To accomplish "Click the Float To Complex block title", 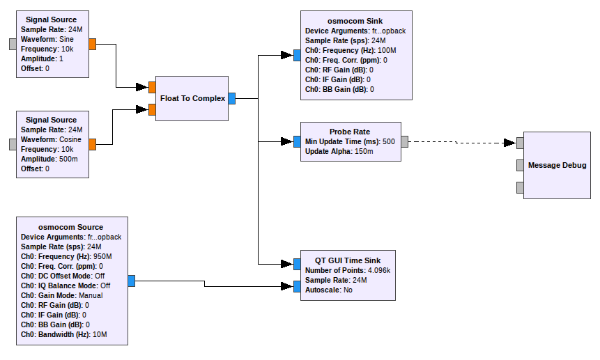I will pyautogui.click(x=192, y=98).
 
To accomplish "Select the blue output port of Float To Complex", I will pyautogui.click(x=232, y=98).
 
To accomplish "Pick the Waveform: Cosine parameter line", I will pyautogui.click(x=52, y=139).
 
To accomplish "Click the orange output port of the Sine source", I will pyautogui.click(x=93, y=45).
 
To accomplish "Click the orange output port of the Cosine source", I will pyautogui.click(x=93, y=144).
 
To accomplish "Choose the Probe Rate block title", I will pyautogui.click(x=350, y=132).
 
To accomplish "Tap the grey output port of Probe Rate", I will pyautogui.click(x=405, y=141).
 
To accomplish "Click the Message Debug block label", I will pyautogui.click(x=557, y=165).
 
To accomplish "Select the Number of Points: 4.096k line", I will pyautogui.click(x=348, y=270).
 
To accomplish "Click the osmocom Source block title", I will pyautogui.click(x=71, y=227).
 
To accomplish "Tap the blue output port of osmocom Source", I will pyautogui.click(x=132, y=281).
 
